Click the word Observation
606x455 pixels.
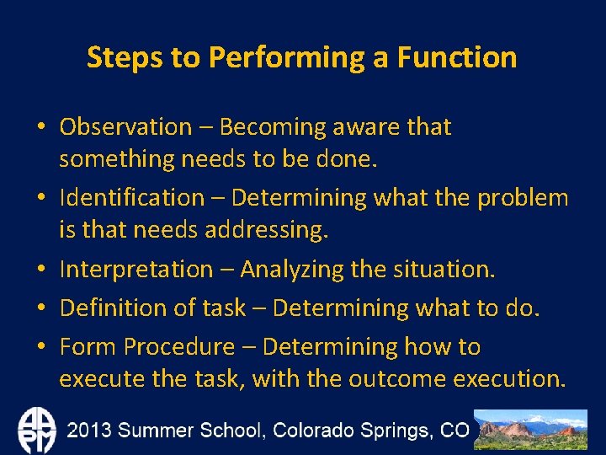[x=125, y=127]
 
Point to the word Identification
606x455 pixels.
[x=131, y=198]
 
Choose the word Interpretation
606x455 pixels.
[x=136, y=270]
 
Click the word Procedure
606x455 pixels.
[x=179, y=346]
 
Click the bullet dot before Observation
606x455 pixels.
[x=40, y=128]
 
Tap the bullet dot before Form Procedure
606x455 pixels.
[x=40, y=347]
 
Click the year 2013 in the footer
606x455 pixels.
[x=90, y=430]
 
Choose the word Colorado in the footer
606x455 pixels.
[x=313, y=430]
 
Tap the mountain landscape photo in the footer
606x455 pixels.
[x=530, y=430]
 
